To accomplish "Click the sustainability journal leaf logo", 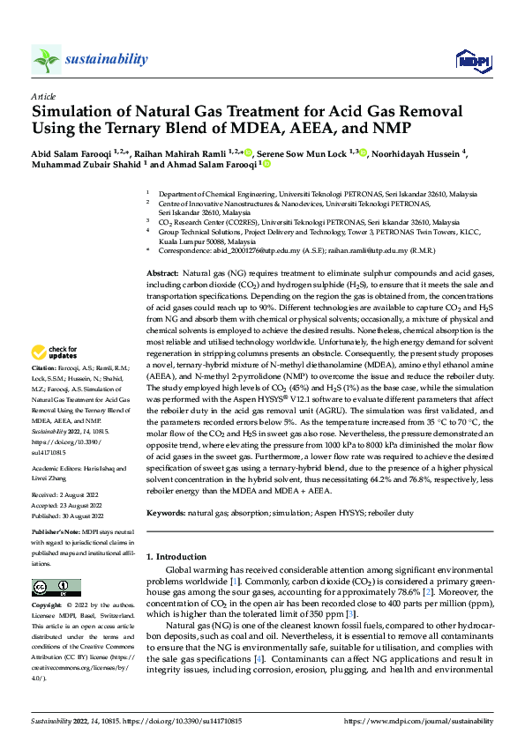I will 46,59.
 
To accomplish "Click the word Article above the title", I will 43,96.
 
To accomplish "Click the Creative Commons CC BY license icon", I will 56,588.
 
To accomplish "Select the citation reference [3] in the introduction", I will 349,612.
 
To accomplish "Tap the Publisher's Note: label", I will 56,534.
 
